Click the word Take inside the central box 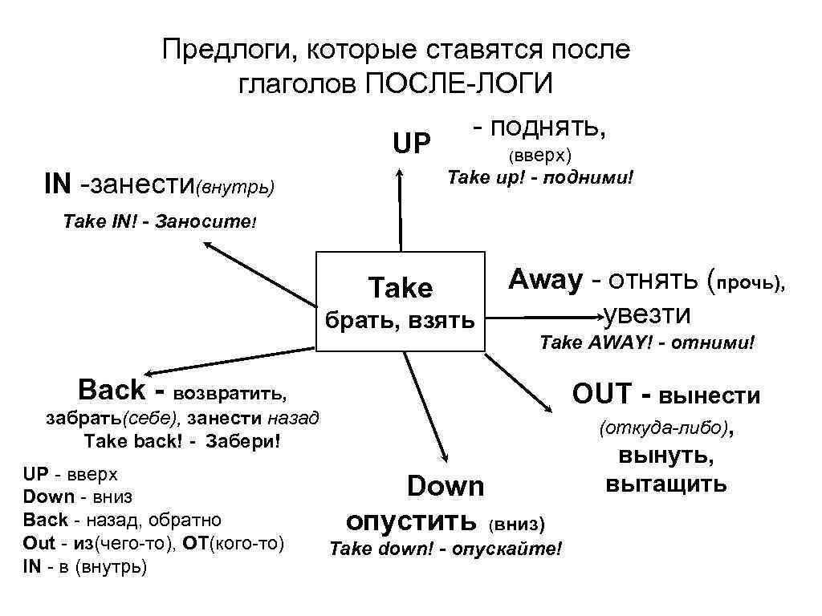point(400,287)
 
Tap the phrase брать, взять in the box point(399,322)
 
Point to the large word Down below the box point(446,486)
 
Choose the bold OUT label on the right point(604,395)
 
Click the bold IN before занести point(58,184)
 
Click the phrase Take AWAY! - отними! point(647,343)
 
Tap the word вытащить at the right point(666,484)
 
